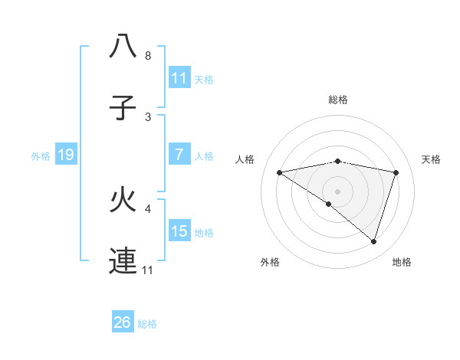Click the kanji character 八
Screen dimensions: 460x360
point(123,47)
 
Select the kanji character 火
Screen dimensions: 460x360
point(123,201)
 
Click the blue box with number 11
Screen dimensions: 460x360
point(179,78)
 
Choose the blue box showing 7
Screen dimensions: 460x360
point(179,155)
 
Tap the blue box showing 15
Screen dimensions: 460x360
point(179,231)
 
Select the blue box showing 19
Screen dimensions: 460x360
point(66,155)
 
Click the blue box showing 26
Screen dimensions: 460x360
point(123,322)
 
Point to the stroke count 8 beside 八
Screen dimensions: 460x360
point(147,56)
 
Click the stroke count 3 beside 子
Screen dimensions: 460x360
point(147,117)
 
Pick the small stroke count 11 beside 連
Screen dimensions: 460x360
point(149,270)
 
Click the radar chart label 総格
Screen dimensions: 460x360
point(337,100)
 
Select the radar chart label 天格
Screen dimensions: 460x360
point(432,159)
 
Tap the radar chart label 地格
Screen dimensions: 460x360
point(402,262)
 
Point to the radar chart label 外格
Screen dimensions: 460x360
point(270,262)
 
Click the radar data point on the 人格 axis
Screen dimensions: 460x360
point(279,172)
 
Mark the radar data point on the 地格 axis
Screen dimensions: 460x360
point(373,241)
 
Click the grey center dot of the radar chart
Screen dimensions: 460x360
point(337,191)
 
